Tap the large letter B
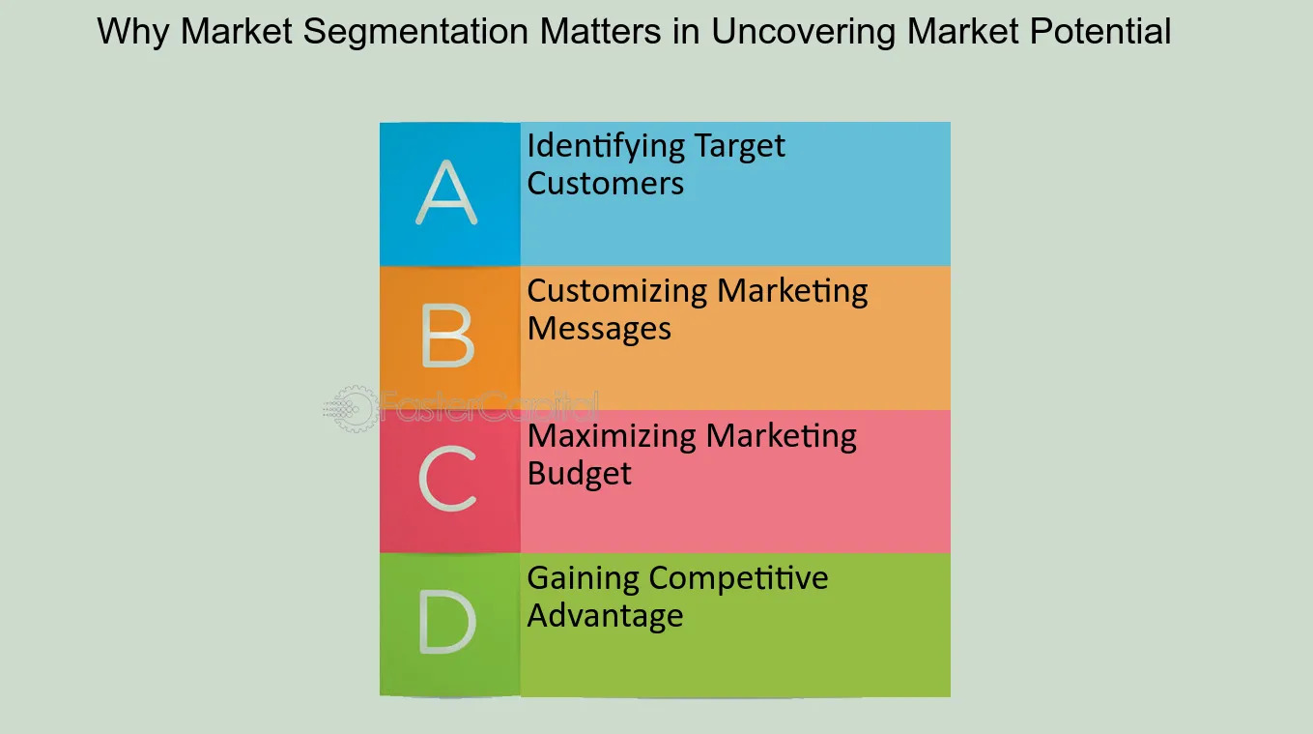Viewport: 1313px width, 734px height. [447, 338]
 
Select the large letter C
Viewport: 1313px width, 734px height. [447, 478]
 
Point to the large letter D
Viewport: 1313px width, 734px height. [447, 622]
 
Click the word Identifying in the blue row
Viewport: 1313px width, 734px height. [606, 147]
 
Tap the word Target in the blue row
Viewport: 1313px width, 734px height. [739, 147]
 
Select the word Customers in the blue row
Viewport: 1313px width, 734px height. [606, 183]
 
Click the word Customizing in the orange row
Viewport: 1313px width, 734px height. [617, 292]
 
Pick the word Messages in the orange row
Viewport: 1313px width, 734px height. [599, 329]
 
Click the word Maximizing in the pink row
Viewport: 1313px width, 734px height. [612, 437]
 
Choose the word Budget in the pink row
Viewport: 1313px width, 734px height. [579, 474]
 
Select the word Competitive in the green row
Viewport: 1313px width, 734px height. [738, 578]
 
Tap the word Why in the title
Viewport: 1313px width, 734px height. [133, 31]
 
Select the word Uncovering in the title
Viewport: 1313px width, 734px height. [804, 33]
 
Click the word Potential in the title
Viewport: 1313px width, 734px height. [1100, 31]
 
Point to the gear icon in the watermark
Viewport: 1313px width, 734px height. [351, 409]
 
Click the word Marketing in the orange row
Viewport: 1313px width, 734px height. [792, 292]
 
